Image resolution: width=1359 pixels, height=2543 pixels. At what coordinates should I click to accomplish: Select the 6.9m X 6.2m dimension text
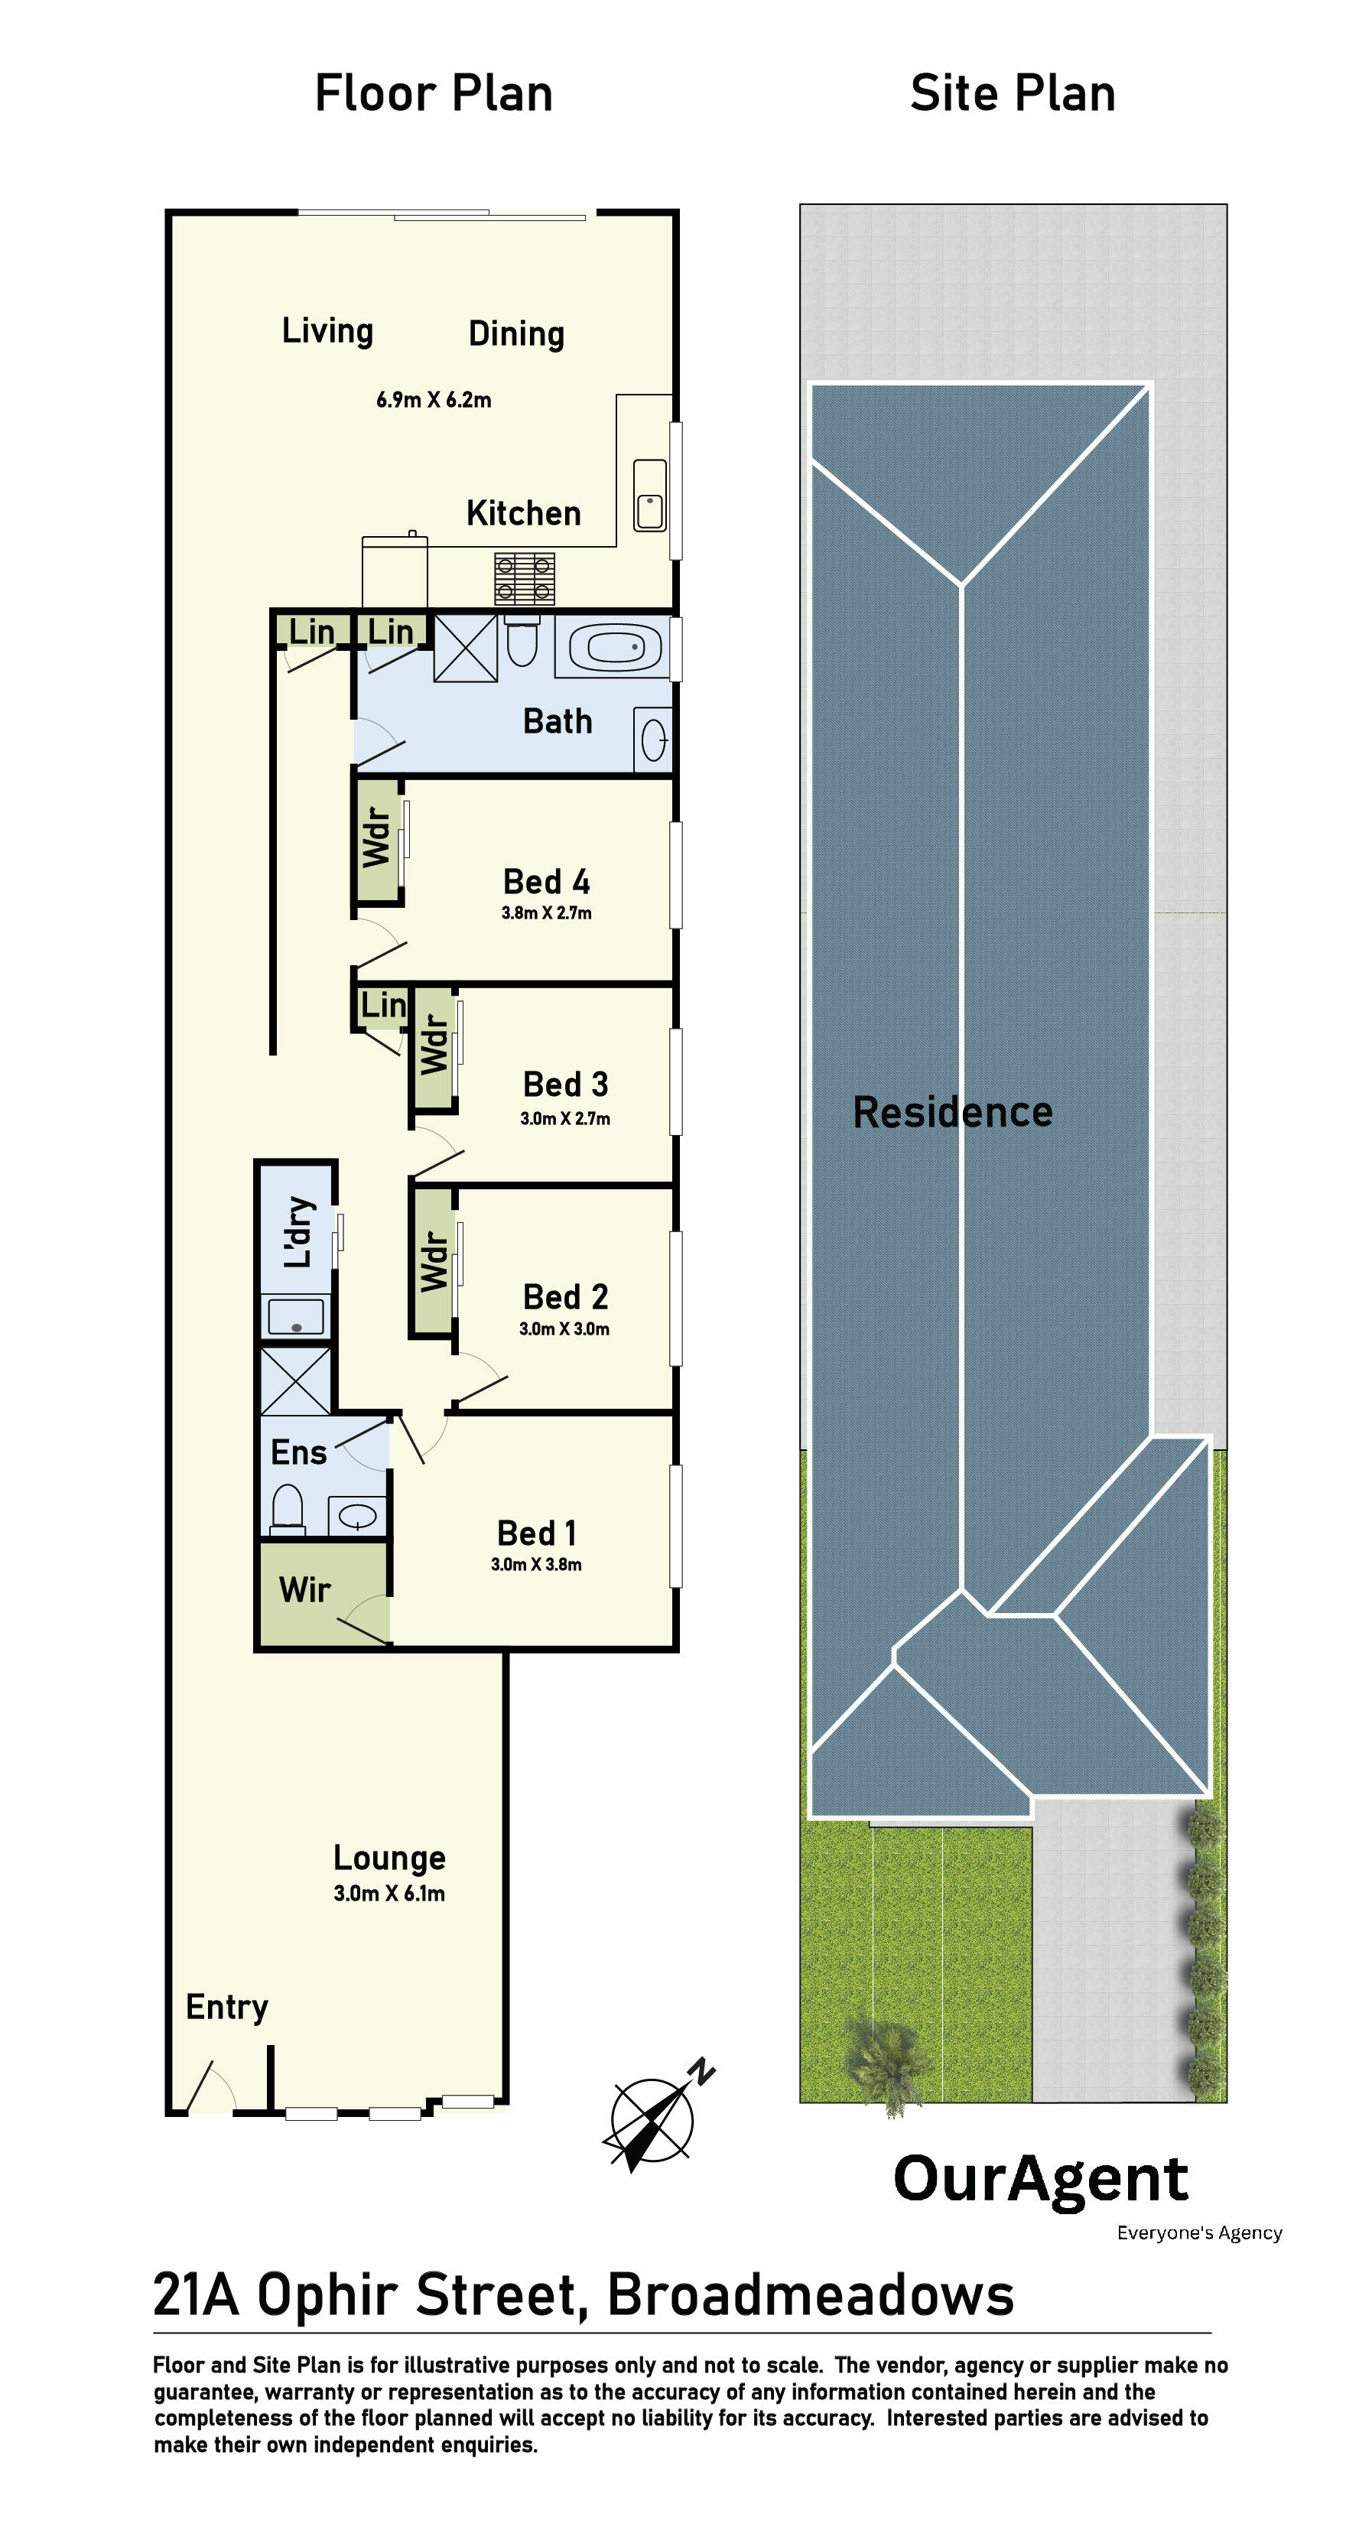click(434, 400)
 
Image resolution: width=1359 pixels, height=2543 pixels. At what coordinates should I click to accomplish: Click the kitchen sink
click(649, 496)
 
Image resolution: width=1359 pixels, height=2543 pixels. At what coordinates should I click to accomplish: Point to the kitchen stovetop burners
click(524, 578)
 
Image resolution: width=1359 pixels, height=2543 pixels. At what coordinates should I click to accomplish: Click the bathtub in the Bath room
click(613, 648)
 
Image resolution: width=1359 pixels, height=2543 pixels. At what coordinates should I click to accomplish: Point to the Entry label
click(227, 2008)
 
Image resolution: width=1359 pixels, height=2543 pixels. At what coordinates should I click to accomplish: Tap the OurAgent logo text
click(1040, 2180)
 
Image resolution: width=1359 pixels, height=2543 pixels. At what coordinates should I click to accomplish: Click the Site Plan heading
click(1013, 94)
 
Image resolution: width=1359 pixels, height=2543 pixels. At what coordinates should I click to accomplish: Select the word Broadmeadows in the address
click(810, 2294)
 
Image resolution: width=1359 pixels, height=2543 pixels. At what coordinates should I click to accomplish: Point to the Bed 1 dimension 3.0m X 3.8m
click(536, 1565)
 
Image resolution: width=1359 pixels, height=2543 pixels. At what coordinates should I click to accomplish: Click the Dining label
click(516, 333)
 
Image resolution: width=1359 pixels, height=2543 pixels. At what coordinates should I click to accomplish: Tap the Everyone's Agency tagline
click(1199, 2233)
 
